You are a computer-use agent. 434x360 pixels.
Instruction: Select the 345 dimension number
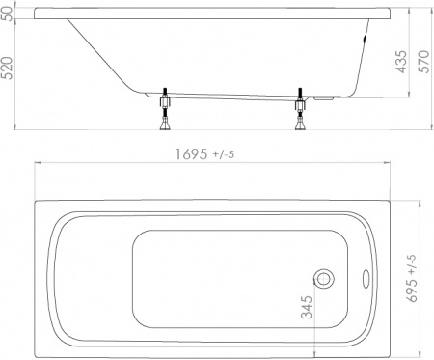pyautogui.click(x=306, y=312)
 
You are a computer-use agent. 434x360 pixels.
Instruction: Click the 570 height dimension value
pyautogui.click(x=420, y=64)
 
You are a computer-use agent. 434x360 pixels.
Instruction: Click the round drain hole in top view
pyautogui.click(x=325, y=278)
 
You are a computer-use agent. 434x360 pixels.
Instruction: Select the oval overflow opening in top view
pyautogui.click(x=367, y=278)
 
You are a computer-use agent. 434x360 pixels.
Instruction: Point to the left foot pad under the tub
pyautogui.click(x=165, y=125)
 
